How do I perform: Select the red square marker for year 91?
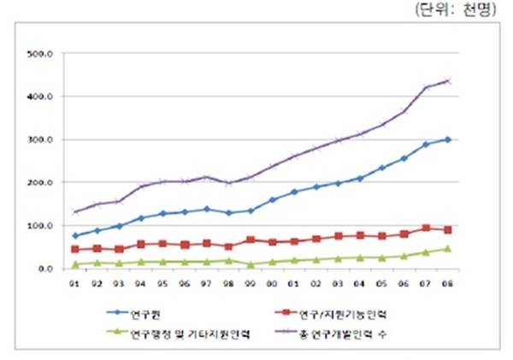(75, 250)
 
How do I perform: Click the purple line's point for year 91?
(75, 212)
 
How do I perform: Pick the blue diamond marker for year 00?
(272, 200)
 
